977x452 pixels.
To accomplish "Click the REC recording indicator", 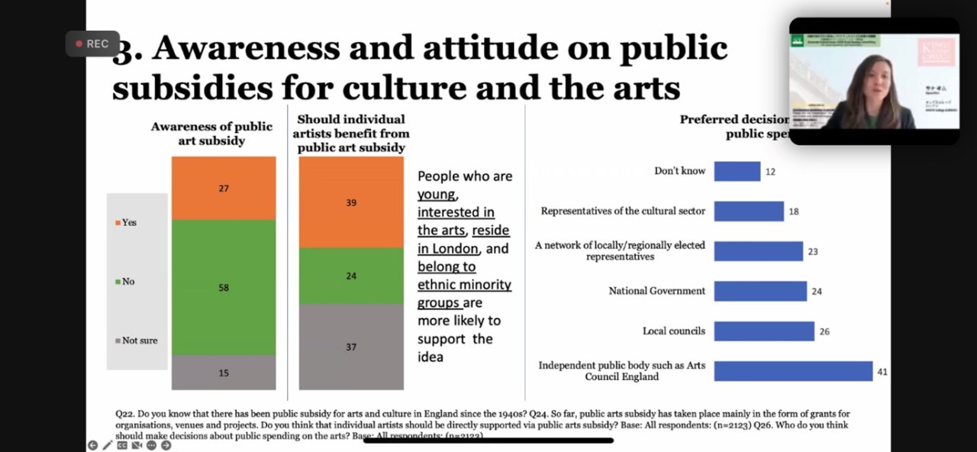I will (92, 44).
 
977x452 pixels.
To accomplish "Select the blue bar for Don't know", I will (737, 171).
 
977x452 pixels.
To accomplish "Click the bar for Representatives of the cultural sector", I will (749, 211).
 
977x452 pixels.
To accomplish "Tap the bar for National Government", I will (760, 291).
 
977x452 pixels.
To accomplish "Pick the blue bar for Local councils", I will (764, 331).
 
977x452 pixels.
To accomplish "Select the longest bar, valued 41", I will (793, 371).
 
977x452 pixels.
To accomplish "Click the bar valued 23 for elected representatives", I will (758, 251).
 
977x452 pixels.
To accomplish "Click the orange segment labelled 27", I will (224, 188).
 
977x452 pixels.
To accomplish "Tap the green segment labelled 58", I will (224, 287).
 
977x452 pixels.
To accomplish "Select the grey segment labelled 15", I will (224, 373).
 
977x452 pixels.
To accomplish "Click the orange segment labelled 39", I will (351, 202).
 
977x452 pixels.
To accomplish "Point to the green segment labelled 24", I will (351, 276).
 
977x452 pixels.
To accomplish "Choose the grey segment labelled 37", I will (351, 347).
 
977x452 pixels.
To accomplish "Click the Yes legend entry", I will (127, 222).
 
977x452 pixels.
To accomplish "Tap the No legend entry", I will (125, 282).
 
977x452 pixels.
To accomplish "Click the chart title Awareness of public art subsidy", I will (211, 134).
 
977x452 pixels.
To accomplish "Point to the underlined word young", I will (437, 194).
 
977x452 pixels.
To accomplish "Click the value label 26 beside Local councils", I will (824, 332).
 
